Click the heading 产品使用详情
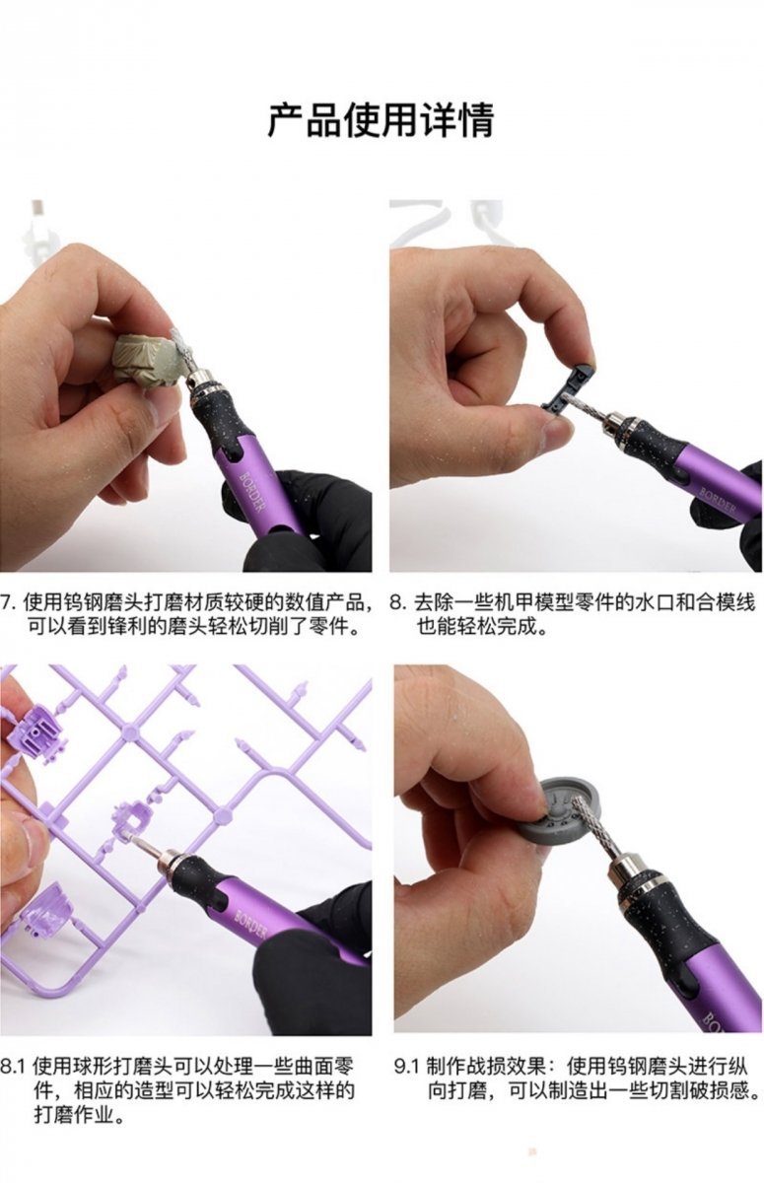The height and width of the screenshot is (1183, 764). [381, 119]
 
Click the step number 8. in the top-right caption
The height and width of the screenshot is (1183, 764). [397, 601]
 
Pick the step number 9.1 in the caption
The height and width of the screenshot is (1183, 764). [407, 1067]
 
